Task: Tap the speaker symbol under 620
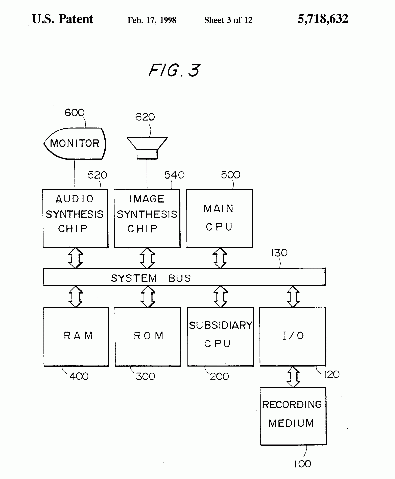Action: [147, 148]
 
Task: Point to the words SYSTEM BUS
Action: [151, 278]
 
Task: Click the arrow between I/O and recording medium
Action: [293, 377]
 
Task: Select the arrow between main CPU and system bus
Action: [220, 258]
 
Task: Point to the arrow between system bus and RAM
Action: [76, 297]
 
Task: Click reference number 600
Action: [74, 113]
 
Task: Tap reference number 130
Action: [279, 253]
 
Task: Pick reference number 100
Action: [303, 464]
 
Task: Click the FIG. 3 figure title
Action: [174, 70]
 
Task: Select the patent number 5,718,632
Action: [323, 19]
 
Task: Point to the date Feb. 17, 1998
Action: [152, 20]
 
